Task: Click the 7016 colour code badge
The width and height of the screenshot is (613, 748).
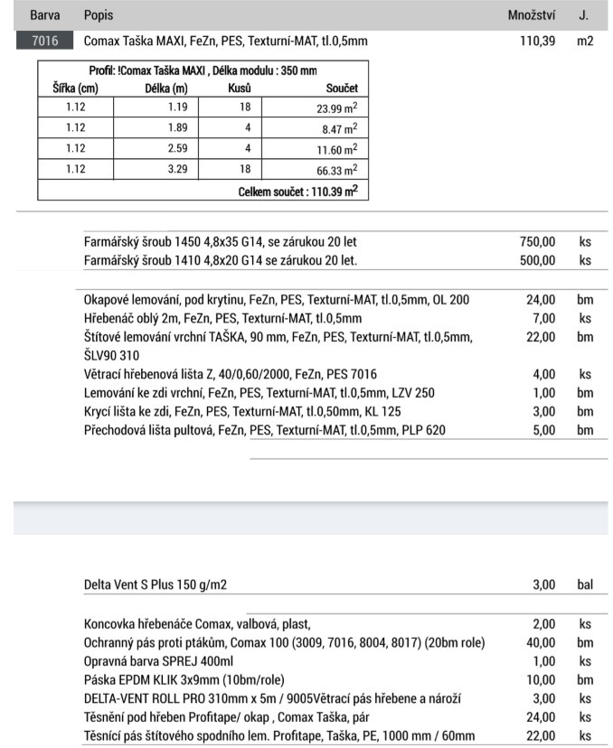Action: pos(42,42)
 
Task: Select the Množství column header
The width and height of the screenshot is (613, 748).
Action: pos(532,16)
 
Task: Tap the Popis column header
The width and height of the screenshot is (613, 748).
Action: pos(99,16)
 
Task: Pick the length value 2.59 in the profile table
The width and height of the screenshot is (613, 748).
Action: pos(176,149)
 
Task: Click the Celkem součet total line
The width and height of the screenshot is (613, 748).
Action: pos(297,192)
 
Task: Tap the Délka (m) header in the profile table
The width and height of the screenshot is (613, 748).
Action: pos(166,89)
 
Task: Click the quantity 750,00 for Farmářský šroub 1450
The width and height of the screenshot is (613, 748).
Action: pos(537,242)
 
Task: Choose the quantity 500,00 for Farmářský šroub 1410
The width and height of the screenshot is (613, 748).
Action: pos(537,260)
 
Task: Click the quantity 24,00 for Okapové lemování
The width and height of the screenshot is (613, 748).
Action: pos(541,299)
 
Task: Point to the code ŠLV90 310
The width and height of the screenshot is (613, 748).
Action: pos(111,355)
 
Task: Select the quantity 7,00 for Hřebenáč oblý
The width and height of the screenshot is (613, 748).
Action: pos(543,318)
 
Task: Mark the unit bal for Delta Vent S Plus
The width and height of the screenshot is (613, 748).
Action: pos(585,584)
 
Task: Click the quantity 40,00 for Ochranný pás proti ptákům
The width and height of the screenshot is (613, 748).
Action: pos(541,642)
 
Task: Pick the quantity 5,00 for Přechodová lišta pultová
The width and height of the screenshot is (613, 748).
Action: pos(543,430)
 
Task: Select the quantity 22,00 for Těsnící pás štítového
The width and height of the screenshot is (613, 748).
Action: pos(541,736)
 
